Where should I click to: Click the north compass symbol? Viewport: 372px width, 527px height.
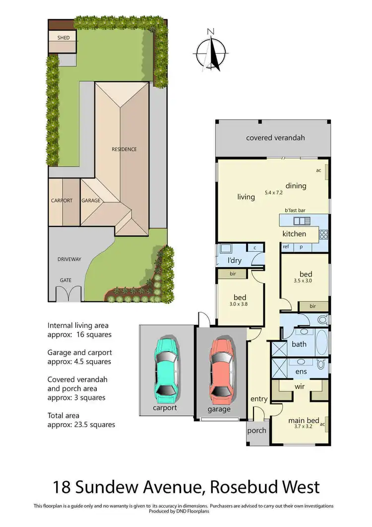[x=211, y=52]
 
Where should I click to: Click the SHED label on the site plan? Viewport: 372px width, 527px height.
[x=63, y=38]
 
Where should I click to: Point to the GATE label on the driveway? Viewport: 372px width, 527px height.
[x=65, y=280]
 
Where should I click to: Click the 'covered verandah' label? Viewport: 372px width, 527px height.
[x=275, y=138]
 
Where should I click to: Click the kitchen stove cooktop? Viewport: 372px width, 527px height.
[x=324, y=233]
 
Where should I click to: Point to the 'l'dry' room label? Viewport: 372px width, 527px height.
[x=234, y=261]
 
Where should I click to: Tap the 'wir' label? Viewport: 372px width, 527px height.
[x=300, y=386]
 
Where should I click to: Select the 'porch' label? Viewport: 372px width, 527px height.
[x=256, y=431]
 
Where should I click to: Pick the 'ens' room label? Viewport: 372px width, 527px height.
[x=301, y=371]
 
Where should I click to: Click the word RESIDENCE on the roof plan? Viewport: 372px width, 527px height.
[x=124, y=149]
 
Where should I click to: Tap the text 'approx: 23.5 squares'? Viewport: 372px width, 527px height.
[x=81, y=425]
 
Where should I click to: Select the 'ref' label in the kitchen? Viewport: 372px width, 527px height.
[x=286, y=246]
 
